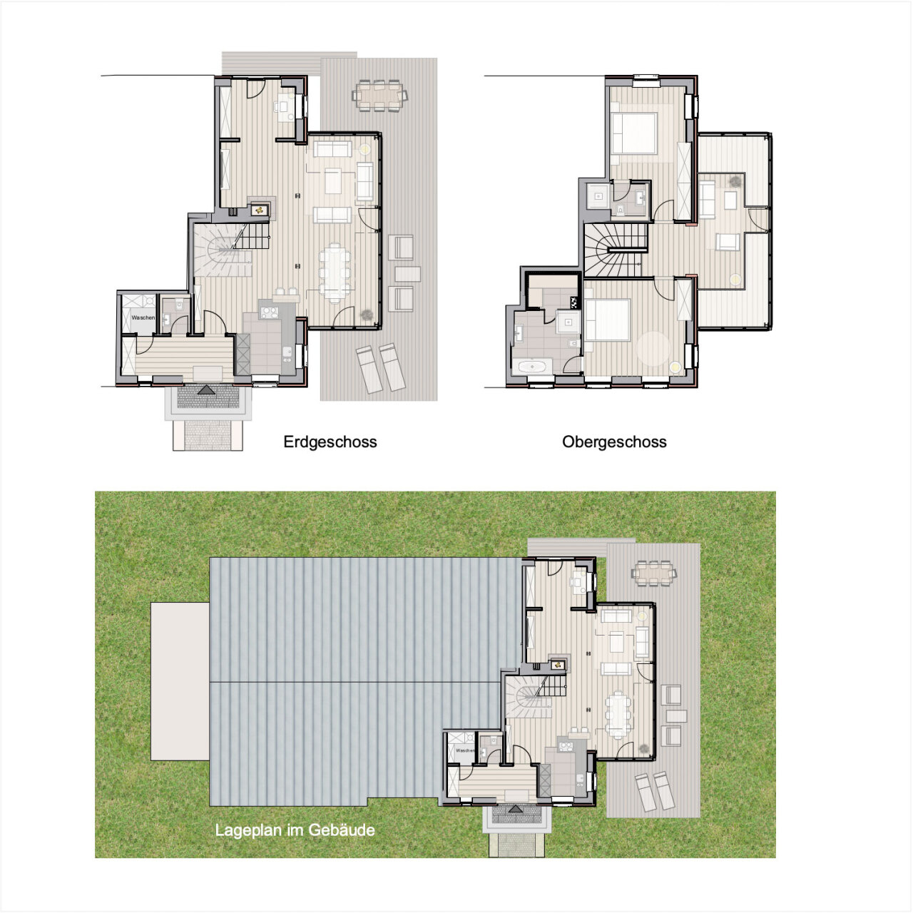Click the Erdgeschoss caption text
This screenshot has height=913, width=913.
point(330,442)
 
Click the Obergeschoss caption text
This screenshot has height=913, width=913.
point(614,442)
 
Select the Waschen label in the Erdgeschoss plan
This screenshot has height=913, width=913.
point(143,317)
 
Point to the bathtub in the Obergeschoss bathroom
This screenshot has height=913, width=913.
point(533,366)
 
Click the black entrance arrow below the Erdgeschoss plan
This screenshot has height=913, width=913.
point(206,389)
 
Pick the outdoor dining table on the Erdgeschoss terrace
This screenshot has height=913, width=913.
point(379,96)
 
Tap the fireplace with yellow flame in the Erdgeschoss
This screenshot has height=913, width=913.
point(259,210)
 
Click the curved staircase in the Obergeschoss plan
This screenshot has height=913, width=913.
point(616,250)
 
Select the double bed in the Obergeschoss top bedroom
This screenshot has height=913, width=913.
point(633,133)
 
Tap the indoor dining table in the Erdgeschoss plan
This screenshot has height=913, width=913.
point(335,270)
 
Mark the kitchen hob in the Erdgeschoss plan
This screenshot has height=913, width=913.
point(269,312)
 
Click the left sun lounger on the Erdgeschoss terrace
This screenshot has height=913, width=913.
point(369,369)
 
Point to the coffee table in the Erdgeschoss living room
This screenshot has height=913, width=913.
point(333,181)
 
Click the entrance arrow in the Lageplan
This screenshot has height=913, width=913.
point(516,809)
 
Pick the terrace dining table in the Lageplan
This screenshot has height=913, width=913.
point(654,573)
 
